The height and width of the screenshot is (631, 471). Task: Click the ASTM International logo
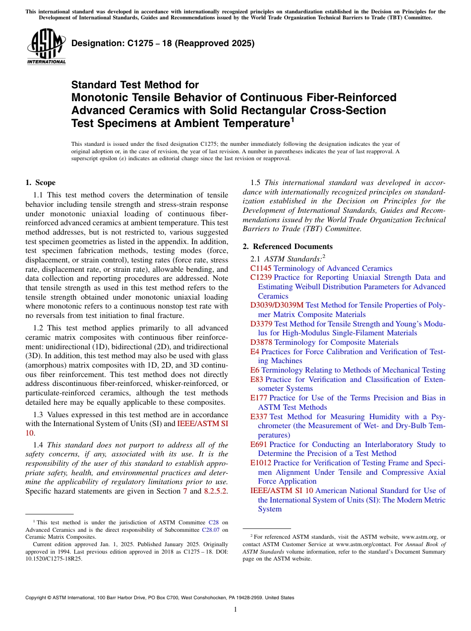pyautogui.click(x=46, y=48)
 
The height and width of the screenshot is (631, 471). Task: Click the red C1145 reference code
pyautogui.click(x=261, y=268)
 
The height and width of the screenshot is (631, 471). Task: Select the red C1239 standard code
pyautogui.click(x=261, y=277)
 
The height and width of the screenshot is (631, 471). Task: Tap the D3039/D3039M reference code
pyautogui.click(x=277, y=305)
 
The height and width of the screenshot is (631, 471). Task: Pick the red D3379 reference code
pyautogui.click(x=261, y=324)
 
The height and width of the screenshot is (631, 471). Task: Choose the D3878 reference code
pyautogui.click(x=261, y=342)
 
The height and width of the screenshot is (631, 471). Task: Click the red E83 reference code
pyautogui.click(x=257, y=379)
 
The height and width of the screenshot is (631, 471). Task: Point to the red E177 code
pyautogui.click(x=259, y=398)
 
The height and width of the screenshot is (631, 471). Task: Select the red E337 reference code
pyautogui.click(x=259, y=417)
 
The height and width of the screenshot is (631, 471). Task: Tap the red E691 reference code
pyautogui.click(x=259, y=444)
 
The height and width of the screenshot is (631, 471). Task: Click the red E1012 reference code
pyautogui.click(x=261, y=463)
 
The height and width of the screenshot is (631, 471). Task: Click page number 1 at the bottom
pyautogui.click(x=235, y=609)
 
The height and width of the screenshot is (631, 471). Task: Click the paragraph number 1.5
pyautogui.click(x=256, y=183)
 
